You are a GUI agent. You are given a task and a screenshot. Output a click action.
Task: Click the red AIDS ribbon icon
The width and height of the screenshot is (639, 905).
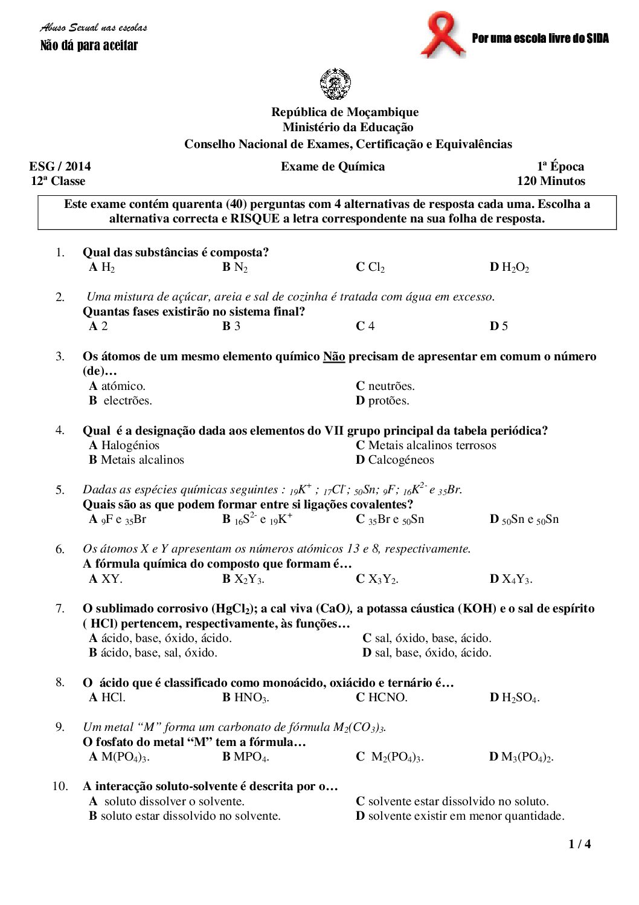[x=443, y=34]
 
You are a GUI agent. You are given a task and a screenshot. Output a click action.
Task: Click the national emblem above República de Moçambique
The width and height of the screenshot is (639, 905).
[x=335, y=85]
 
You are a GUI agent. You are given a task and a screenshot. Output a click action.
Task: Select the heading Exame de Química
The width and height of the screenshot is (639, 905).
[x=332, y=167]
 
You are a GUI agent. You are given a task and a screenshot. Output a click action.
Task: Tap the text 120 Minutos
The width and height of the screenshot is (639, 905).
[x=551, y=181]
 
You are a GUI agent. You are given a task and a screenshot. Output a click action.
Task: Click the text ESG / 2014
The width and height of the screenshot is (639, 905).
[x=60, y=167]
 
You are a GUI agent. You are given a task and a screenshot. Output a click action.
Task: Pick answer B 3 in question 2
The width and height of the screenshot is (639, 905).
[x=231, y=326]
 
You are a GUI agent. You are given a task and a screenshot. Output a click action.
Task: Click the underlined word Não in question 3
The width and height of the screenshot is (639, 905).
[x=334, y=357]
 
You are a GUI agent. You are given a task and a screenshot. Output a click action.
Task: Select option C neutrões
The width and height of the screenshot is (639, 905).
[x=385, y=386]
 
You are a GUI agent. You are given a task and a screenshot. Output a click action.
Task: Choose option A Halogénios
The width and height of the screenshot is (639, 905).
[x=124, y=446]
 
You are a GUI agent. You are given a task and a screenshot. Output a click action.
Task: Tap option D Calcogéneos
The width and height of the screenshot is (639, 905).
[x=395, y=460]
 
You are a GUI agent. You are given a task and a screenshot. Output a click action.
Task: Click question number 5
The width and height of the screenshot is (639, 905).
[x=60, y=490]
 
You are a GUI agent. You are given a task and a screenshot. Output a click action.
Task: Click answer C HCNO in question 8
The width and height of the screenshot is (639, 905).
[x=382, y=698]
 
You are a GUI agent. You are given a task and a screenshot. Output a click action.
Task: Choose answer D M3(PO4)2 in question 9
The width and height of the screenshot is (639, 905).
[x=521, y=757]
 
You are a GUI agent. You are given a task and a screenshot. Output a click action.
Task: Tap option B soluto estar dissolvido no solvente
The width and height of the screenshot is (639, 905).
[x=185, y=816]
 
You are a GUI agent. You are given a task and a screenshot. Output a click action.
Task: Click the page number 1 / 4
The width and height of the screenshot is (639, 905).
[x=579, y=845]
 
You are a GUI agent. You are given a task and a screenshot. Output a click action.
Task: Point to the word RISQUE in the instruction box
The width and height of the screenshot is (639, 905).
[x=253, y=219]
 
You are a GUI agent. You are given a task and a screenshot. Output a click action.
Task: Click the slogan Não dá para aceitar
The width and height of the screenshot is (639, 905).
[x=89, y=46]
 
